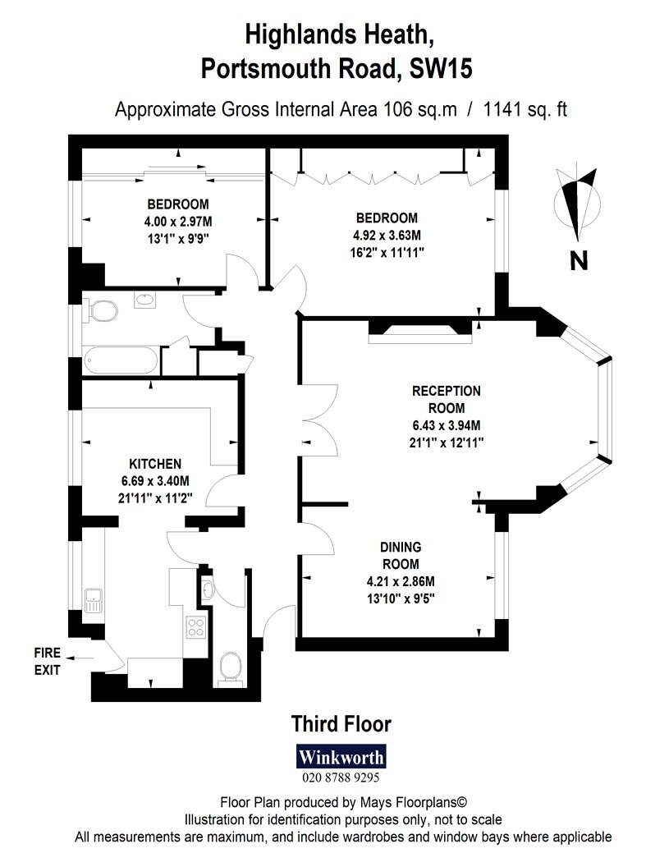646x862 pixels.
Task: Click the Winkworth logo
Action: coord(341,756)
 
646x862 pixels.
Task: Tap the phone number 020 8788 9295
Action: coord(341,777)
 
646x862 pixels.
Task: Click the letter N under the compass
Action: coord(579,260)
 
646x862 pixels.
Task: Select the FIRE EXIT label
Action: coord(48,662)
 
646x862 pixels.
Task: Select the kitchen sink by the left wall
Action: coord(93,600)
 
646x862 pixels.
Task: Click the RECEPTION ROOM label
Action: coord(447,399)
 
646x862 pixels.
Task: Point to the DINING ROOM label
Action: coord(401,555)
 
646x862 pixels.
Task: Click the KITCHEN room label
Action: coord(155,464)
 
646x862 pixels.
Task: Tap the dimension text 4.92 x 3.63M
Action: coord(387,235)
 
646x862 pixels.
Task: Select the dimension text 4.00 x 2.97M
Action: coord(178,222)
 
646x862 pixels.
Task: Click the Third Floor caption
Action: coord(341,723)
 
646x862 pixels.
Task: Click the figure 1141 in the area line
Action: coord(502,109)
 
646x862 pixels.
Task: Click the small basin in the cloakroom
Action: coord(208,589)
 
